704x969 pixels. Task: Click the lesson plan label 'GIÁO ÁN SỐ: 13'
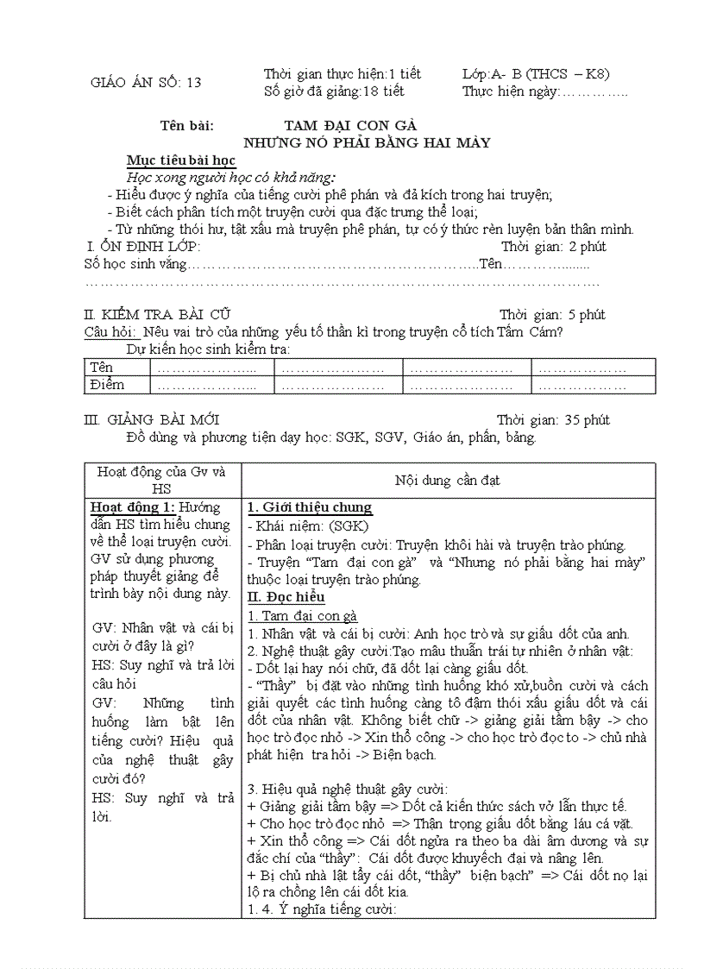pos(146,83)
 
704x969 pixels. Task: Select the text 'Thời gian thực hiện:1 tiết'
pos(342,74)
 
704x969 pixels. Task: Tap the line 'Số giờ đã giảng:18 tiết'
pos(333,91)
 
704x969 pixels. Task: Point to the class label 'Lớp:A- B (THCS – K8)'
pos(536,74)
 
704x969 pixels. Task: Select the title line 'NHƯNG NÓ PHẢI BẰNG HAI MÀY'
pos(367,142)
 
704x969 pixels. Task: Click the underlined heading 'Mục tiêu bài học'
pos(180,160)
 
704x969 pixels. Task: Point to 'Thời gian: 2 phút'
pos(553,247)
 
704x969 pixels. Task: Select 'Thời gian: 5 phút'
pos(552,315)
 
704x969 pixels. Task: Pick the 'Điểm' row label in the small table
pos(107,385)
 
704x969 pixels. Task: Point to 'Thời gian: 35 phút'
pos(553,420)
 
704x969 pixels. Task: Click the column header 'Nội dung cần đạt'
pos(447,480)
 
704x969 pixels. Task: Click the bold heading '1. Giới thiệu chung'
pos(309,507)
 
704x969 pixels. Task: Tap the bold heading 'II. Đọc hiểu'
pos(286,597)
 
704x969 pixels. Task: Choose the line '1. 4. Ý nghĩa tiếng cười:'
pos(321,909)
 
